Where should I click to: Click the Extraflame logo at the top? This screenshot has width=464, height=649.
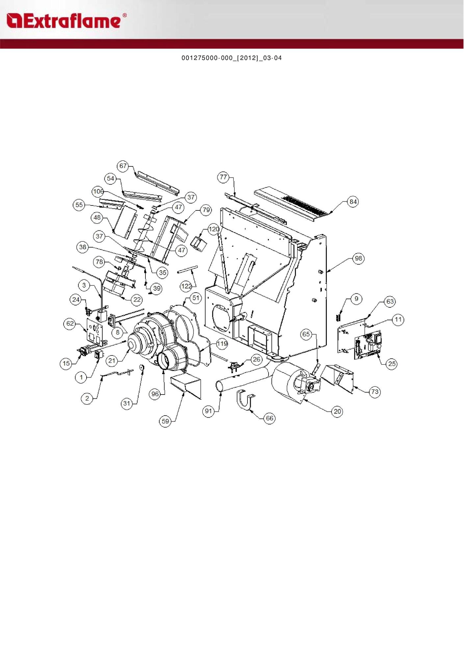coord(66,21)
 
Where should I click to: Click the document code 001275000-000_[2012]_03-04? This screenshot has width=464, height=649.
coord(232,58)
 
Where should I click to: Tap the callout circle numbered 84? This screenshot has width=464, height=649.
coord(353,202)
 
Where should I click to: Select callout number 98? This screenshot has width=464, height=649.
coord(358,258)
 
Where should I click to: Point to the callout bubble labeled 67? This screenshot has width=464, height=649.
coord(123,166)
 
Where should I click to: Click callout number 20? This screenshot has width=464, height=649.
coord(337,411)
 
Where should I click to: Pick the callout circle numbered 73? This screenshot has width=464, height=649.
coord(374,392)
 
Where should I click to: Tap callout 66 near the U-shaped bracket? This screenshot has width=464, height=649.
coord(270,418)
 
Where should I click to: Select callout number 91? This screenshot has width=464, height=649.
coord(209,411)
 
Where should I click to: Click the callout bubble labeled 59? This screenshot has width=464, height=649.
coord(165,421)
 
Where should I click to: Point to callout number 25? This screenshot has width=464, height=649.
coord(392,364)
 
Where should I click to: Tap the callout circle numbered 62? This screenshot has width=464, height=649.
coord(70,324)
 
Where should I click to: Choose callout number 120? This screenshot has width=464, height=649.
coord(214,229)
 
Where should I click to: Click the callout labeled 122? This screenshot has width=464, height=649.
coord(186,286)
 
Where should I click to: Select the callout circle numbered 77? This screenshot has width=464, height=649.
coord(223,177)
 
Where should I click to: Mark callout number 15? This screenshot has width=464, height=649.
coord(66,363)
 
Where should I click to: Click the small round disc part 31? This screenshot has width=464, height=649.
coord(142,368)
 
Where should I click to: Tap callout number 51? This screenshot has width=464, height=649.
coord(196,298)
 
